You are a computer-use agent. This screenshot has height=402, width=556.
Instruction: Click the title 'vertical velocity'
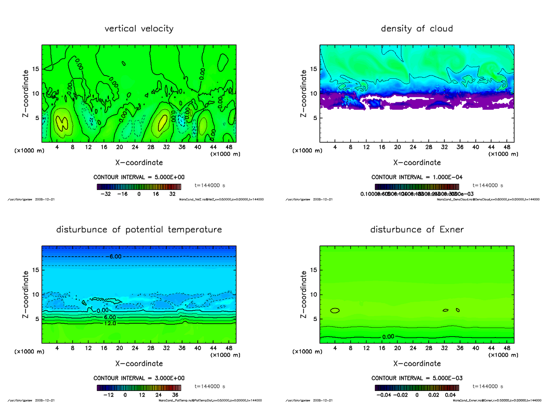click(139, 29)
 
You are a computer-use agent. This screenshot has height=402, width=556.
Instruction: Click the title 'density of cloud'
click(417, 29)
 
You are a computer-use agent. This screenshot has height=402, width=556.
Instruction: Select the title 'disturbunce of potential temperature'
click(139, 230)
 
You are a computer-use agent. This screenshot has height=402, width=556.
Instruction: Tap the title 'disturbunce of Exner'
click(417, 230)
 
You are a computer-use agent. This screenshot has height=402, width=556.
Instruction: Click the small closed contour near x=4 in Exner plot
click(335, 310)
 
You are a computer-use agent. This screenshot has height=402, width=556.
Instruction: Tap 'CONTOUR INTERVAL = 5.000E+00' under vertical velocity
click(139, 177)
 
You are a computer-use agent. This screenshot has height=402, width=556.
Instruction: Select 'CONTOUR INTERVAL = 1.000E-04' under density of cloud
click(417, 177)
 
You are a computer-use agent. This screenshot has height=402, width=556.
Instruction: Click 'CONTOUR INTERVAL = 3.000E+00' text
click(139, 378)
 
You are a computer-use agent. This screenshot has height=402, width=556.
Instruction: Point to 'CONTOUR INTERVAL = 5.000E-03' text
click(417, 378)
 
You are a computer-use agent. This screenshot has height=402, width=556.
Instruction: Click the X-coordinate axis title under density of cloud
click(417, 163)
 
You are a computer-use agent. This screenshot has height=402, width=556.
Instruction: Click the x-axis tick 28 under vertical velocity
click(150, 147)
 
